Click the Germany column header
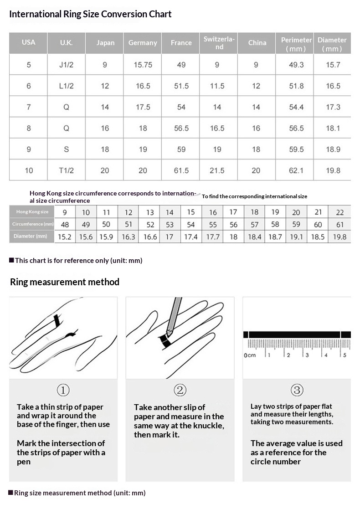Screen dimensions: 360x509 (x=143, y=43)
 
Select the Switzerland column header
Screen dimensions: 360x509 (x=219, y=43)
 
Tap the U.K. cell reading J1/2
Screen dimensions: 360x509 (x=66, y=65)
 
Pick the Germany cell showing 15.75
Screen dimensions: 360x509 (x=143, y=65)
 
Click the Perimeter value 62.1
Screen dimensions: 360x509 (x=296, y=170)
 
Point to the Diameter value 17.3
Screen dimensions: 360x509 (x=333, y=107)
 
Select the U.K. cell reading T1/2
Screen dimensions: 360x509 (x=66, y=170)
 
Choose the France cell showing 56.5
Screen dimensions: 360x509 (x=181, y=128)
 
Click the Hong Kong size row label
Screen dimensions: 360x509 (x=32, y=211)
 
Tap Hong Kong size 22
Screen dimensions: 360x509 (x=339, y=212)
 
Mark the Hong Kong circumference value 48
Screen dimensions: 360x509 (x=65, y=224)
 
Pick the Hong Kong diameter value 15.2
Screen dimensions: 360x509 (x=64, y=237)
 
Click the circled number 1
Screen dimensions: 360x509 (x=63, y=390)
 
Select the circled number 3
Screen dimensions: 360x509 (x=297, y=390)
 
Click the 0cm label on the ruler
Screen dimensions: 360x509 (x=250, y=355)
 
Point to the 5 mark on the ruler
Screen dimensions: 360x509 (x=345, y=355)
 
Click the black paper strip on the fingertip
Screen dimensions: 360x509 (x=57, y=321)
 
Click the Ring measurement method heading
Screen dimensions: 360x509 (x=65, y=282)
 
